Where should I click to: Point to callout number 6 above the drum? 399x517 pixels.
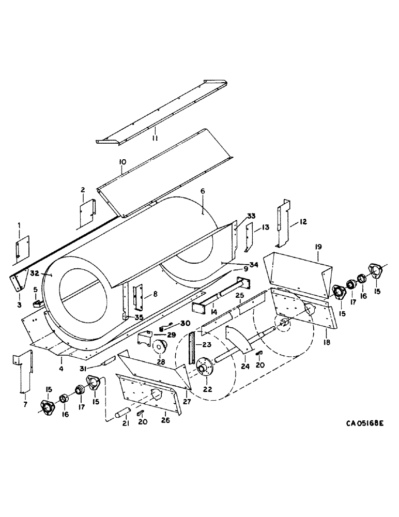pyautogui.click(x=203, y=192)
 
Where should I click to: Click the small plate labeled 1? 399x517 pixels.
pyautogui.click(x=22, y=247)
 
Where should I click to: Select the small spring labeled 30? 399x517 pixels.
pyautogui.click(x=163, y=328)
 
